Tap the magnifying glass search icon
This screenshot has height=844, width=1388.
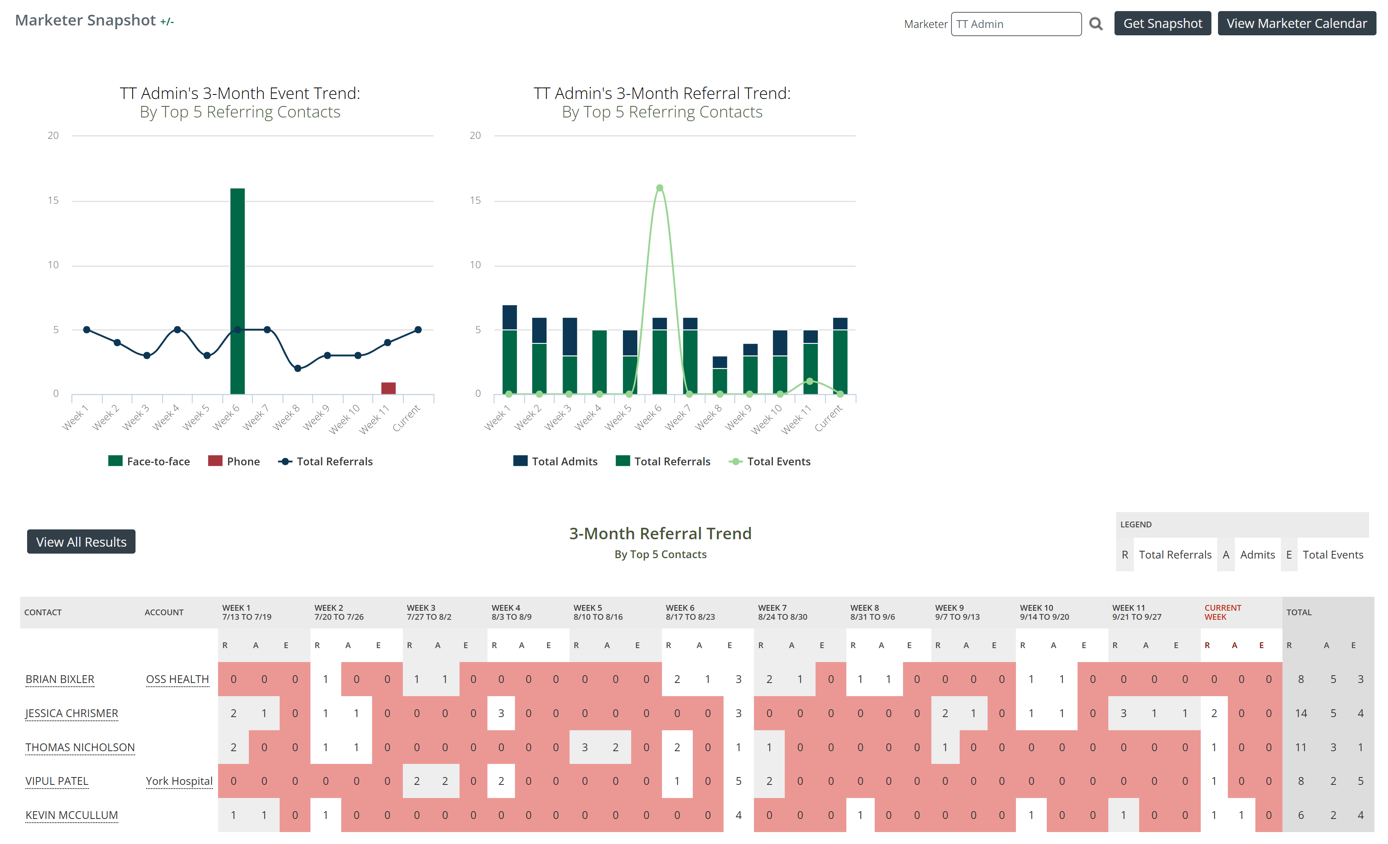point(1096,24)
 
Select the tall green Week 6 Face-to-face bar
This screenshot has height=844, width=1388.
point(238,291)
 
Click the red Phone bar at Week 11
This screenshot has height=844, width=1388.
point(388,388)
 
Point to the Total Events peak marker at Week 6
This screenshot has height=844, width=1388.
point(660,188)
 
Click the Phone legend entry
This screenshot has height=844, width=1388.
point(234,462)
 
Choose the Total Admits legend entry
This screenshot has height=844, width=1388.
point(556,462)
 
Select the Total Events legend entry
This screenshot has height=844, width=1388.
point(770,462)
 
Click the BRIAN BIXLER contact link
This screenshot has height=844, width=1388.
point(60,679)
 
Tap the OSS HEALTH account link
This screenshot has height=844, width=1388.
point(177,679)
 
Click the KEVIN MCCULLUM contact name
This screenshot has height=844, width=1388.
point(71,815)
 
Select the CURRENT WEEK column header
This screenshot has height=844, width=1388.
point(1223,612)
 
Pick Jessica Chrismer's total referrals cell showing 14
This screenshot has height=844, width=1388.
point(1301,714)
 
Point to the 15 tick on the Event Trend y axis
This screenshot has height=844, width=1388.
point(53,200)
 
